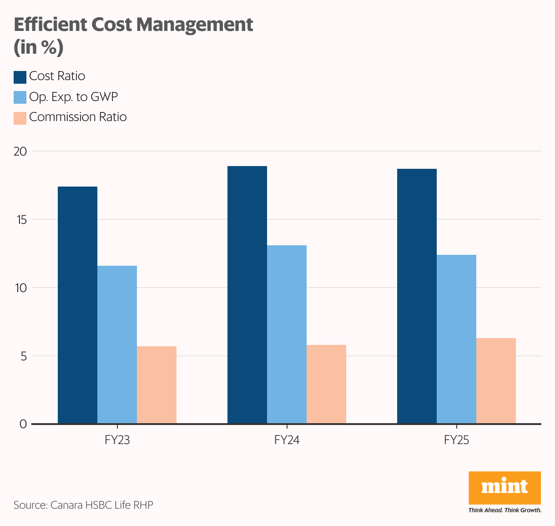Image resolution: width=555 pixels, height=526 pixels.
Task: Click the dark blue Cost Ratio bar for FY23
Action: (x=77, y=305)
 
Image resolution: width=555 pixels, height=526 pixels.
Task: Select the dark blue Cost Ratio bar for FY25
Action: (x=417, y=296)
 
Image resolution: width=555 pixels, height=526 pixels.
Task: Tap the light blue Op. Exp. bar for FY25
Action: (x=456, y=339)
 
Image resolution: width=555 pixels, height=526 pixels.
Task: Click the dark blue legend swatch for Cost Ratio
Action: (x=20, y=77)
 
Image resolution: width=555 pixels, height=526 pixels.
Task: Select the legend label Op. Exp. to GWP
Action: (x=73, y=97)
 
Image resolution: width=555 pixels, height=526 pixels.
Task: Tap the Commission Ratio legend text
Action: (x=78, y=117)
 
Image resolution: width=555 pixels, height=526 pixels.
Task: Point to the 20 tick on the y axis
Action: (x=20, y=152)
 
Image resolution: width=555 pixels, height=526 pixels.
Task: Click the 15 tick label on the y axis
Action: (x=20, y=220)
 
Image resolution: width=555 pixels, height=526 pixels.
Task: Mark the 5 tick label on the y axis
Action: (x=23, y=356)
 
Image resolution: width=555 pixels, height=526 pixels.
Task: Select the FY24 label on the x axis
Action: (x=287, y=440)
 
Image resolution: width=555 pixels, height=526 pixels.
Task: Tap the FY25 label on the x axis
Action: (x=456, y=440)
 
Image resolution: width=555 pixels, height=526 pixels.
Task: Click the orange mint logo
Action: (x=505, y=487)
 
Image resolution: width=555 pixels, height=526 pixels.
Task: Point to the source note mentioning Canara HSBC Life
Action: (x=83, y=505)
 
